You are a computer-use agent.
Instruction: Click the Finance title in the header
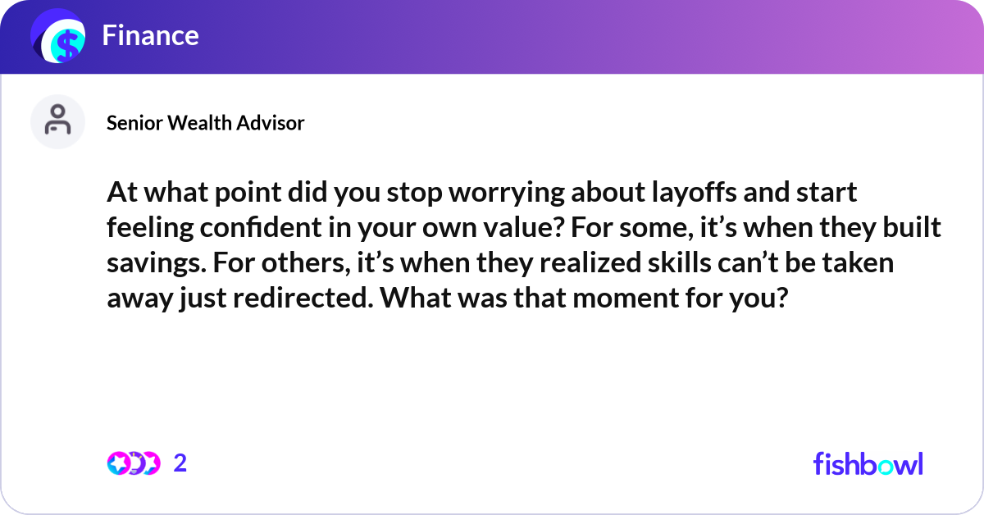tap(150, 35)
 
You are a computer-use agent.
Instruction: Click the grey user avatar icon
tap(57, 121)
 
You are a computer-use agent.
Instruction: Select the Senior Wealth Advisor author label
tap(205, 123)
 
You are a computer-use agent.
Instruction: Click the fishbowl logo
tap(868, 463)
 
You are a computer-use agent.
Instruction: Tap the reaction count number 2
tap(180, 463)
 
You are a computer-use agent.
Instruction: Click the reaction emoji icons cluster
tap(133, 463)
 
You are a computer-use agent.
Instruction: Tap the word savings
tap(148, 263)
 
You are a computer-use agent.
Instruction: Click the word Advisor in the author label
tap(271, 123)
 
